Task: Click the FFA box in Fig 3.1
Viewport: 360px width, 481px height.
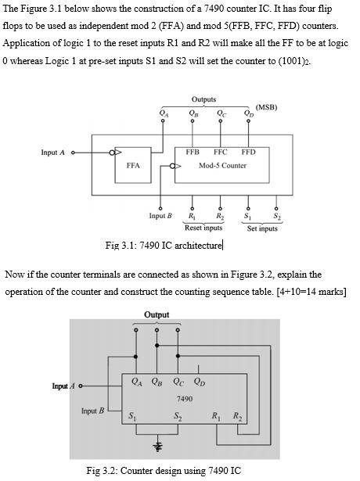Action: [x=133, y=166]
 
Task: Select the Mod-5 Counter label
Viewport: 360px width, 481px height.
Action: [x=222, y=166]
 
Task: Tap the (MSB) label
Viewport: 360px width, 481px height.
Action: [x=267, y=107]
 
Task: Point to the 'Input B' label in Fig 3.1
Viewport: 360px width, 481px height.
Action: [x=160, y=214]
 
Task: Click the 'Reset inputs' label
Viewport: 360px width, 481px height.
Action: [x=203, y=228]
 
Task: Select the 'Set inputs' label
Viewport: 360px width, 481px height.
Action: [x=262, y=228]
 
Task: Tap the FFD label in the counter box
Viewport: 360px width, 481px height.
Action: [x=247, y=152]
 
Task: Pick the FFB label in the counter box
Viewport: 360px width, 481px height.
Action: [x=193, y=152]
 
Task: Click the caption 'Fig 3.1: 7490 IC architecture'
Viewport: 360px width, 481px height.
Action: [x=164, y=246]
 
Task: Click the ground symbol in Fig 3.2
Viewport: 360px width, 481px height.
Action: [x=157, y=446]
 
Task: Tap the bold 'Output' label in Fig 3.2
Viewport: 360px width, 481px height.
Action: [x=157, y=314]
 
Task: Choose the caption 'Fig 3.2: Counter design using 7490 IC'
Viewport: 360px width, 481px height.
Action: [x=164, y=470]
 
